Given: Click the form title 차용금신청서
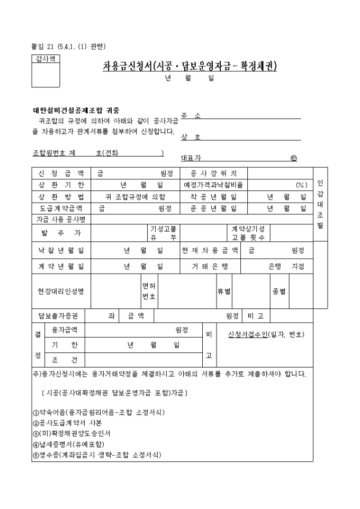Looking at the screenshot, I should point(190,67).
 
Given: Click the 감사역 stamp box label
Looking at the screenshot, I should point(46,59).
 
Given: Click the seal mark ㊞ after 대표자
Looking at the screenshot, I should point(294,158).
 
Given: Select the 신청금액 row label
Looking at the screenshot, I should point(61,173).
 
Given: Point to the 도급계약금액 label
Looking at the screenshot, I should point(61,208).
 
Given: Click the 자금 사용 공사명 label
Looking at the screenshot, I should point(61,219).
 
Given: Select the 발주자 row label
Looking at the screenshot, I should point(61,233).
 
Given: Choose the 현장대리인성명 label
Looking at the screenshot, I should point(61,291).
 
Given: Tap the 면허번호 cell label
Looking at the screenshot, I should point(149,291).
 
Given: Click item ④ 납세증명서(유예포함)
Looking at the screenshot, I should point(68,443).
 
